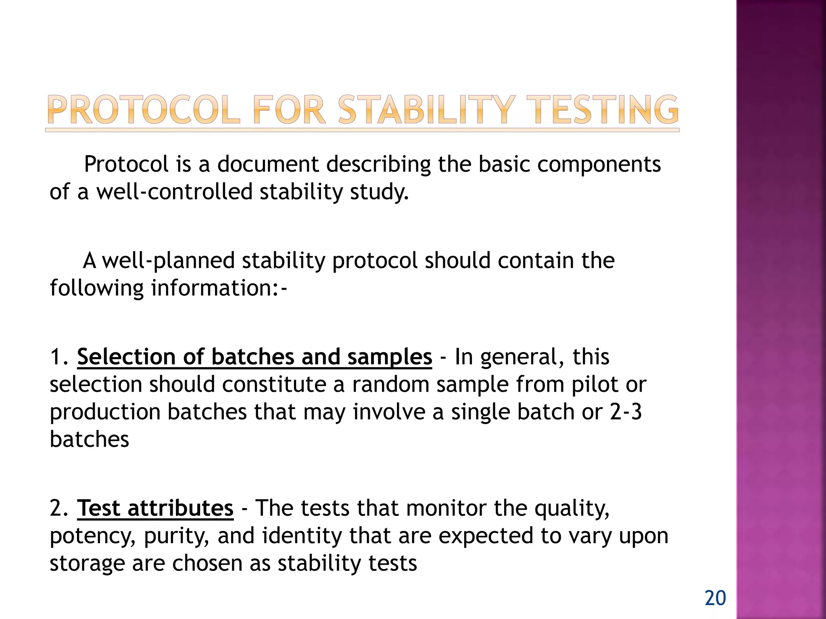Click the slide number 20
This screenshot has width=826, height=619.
[715, 598]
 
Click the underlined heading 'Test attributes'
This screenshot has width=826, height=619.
[155, 508]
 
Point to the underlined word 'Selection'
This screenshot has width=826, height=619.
[126, 357]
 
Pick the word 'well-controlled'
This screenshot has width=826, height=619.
[174, 191]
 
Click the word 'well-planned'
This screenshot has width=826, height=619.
[168, 261]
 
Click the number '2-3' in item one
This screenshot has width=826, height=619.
[626, 412]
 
